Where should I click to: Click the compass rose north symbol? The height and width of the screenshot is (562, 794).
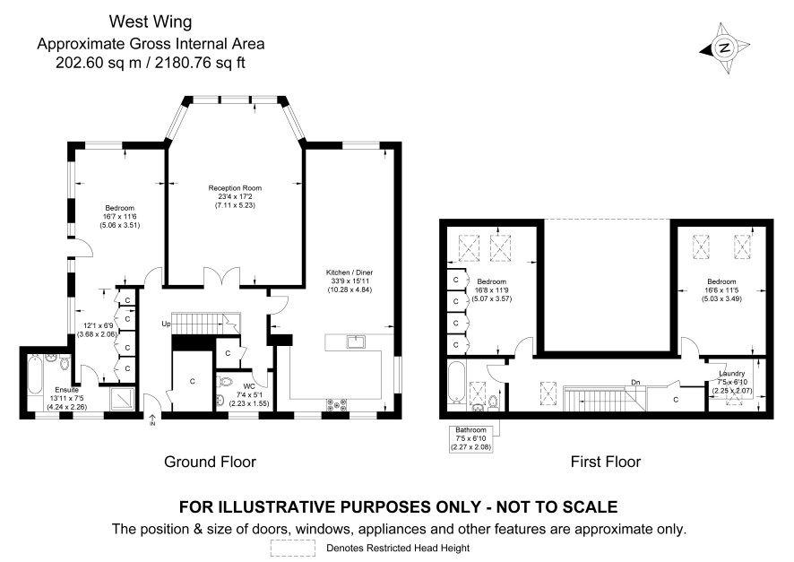[725, 48]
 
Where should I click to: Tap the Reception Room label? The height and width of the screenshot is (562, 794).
[235, 188]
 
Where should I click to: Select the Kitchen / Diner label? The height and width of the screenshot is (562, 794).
[350, 272]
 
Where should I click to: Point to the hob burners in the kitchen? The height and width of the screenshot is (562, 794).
[337, 404]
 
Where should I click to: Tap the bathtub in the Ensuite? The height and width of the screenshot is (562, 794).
[34, 376]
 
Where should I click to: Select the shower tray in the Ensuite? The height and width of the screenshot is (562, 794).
[123, 399]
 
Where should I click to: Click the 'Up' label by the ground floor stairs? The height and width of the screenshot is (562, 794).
[166, 324]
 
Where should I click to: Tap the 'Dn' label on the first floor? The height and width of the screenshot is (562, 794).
[635, 382]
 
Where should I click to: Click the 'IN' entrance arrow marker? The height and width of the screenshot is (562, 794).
[152, 419]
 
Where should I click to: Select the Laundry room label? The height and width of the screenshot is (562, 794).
[731, 373]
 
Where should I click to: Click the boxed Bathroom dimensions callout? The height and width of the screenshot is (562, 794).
[470, 438]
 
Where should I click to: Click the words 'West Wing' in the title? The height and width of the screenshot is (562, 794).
[151, 22]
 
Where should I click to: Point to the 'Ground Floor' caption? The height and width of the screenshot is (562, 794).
[210, 462]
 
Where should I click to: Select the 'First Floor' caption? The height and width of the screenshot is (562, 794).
[606, 462]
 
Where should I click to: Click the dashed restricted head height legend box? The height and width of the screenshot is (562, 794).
[293, 548]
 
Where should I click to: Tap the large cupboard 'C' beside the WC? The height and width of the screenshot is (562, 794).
[192, 381]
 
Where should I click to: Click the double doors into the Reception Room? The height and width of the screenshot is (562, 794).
[221, 278]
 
